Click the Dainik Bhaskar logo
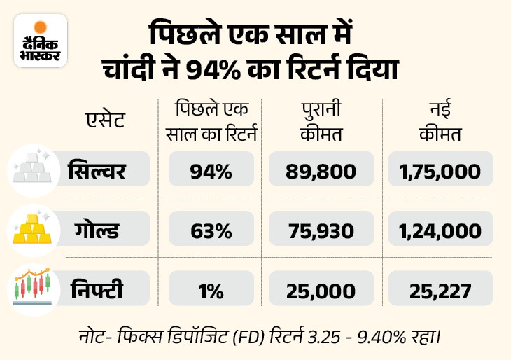(41, 41)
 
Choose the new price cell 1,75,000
(439, 170)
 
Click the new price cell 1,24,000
(439, 230)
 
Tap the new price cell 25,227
(439, 289)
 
